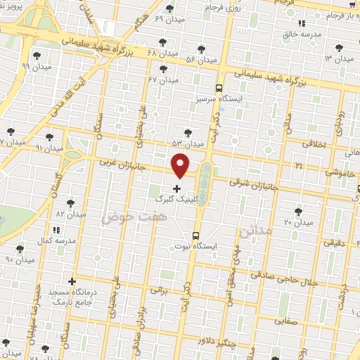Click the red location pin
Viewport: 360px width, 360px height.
[181, 165]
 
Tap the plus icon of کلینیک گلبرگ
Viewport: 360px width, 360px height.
[176, 188]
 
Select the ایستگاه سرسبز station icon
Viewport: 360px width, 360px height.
[219, 89]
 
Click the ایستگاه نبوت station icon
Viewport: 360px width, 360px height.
[195, 236]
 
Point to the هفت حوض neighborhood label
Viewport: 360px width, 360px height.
[127, 219]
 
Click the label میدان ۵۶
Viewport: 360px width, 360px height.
[200, 60]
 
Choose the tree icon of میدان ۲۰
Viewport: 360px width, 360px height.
[298, 211]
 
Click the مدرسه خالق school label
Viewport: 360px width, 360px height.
[304, 34]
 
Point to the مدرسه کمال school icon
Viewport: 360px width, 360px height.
[56, 229]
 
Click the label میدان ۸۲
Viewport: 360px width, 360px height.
[70, 213]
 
